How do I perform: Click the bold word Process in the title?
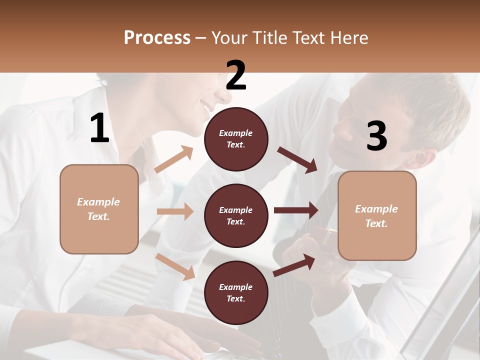157,37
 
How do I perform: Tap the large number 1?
99,128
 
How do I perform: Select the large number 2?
236,75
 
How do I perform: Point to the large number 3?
377,136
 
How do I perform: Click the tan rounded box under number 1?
99,209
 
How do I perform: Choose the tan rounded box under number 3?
377,215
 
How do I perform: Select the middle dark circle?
236,215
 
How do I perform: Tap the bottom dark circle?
236,292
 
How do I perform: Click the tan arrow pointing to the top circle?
174,159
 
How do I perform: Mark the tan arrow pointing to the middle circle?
175,211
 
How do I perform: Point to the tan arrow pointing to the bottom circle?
175,266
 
